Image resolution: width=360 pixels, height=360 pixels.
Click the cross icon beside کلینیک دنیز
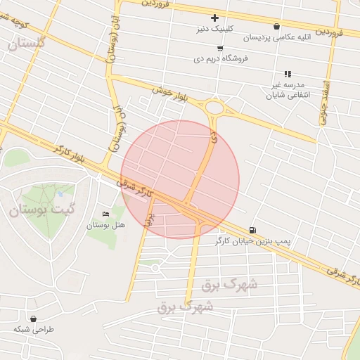[215, 18]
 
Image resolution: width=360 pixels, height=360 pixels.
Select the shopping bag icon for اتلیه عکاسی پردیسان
[276, 26]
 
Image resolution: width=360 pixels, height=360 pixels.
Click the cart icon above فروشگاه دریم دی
[220, 48]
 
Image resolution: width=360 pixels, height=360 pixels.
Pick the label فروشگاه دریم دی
[221, 59]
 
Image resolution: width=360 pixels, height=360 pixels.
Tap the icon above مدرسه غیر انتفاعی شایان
[287, 74]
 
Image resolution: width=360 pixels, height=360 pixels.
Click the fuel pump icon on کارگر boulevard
[252, 230]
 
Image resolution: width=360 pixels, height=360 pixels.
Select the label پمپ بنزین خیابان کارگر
[252, 241]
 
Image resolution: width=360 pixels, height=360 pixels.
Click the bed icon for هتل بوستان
[106, 214]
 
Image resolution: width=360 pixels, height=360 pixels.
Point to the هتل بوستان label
[105, 225]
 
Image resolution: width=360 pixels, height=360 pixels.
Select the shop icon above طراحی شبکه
[33, 319]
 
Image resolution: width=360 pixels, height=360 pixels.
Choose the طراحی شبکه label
[34, 329]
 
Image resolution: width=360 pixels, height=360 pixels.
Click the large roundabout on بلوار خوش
[214, 109]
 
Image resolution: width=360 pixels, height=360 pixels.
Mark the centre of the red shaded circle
[180, 179]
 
